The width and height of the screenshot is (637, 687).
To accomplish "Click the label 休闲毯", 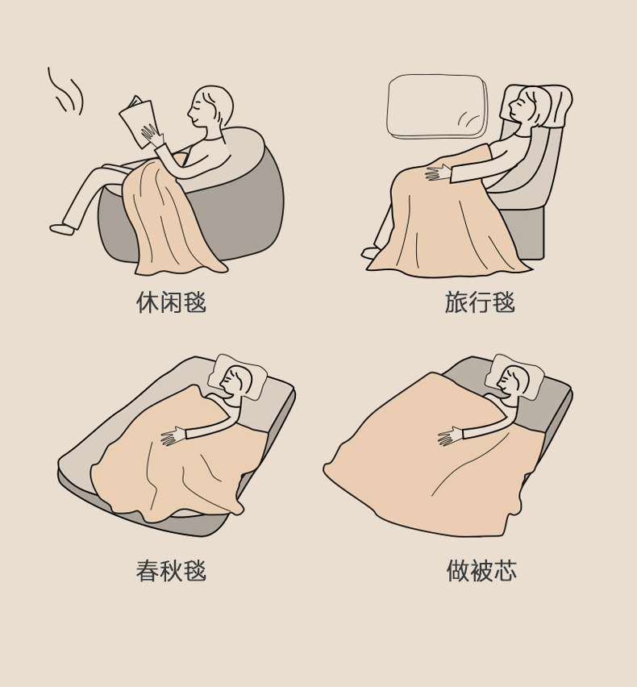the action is (171, 302).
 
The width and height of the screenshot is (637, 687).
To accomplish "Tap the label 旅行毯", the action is (480, 302).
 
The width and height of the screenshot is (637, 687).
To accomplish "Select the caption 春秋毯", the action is (171, 570).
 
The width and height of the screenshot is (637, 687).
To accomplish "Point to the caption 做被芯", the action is (481, 570).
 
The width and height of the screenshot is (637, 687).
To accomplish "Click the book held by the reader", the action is (137, 120).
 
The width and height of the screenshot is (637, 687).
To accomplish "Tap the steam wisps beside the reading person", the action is (65, 91).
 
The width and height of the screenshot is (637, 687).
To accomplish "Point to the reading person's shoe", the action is (62, 229).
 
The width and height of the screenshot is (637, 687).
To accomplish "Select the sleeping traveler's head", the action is (529, 108).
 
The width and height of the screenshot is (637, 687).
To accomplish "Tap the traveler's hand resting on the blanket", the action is (437, 173).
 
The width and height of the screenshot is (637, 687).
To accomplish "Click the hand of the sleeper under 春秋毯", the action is (174, 436).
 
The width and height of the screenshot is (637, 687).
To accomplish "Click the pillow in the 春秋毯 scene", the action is (237, 377).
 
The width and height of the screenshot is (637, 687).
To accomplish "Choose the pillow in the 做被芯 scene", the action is (514, 377).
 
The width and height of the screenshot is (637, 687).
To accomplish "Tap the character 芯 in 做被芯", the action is (505, 570).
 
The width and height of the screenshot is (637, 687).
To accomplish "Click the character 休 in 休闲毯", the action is (148, 302).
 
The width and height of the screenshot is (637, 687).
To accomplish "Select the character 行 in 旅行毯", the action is (480, 302).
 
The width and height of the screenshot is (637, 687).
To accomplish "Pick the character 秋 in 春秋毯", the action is (171, 570).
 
